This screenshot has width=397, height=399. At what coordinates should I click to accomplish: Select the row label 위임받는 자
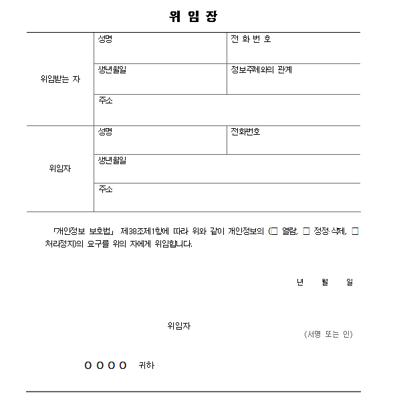pyautogui.click(x=60, y=79)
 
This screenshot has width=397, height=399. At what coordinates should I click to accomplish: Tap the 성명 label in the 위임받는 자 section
pyautogui.click(x=105, y=39)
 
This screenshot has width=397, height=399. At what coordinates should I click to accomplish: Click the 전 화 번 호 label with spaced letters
pyautogui.click(x=251, y=39)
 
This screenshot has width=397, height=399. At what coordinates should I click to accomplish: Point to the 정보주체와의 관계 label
pyautogui.click(x=261, y=69)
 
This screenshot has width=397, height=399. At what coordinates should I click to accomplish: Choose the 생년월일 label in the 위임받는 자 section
pyautogui.click(x=112, y=69)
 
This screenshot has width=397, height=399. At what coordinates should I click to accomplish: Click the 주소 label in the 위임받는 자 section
pyautogui.click(x=105, y=100)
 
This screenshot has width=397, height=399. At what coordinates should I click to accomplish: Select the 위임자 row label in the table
pyautogui.click(x=59, y=168)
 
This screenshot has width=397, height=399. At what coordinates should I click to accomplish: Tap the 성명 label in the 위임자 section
pyautogui.click(x=105, y=131)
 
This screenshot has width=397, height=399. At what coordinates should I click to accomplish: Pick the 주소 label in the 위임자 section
pyautogui.click(x=105, y=189)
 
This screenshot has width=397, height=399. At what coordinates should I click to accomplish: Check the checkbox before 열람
pyautogui.click(x=274, y=231)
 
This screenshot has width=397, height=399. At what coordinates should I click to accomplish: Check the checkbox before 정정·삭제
pyautogui.click(x=306, y=231)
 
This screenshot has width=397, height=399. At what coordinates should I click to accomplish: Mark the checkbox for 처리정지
pyautogui.click(x=355, y=231)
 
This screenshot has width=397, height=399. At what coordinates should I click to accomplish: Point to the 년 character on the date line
pyautogui.click(x=300, y=282)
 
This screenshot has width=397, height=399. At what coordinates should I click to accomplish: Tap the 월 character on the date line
pyautogui.click(x=325, y=282)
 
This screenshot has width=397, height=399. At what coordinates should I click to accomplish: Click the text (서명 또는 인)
pyautogui.click(x=327, y=334)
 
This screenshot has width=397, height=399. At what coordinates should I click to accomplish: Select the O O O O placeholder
pyautogui.click(x=106, y=366)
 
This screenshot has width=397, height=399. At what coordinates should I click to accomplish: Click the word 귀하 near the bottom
pyautogui.click(x=146, y=366)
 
